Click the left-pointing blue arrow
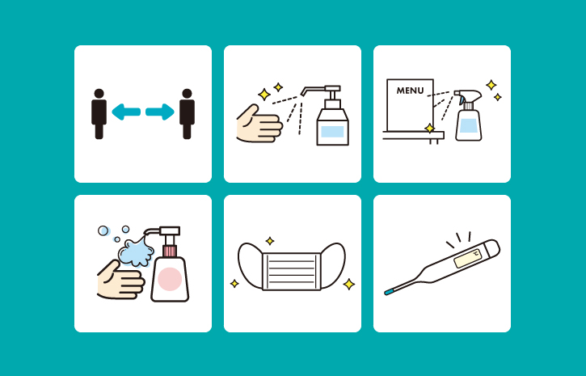click(x=126, y=112)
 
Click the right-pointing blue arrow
click(x=160, y=112)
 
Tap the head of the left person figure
click(x=99, y=94)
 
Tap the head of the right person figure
click(x=188, y=94)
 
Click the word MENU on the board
click(x=411, y=91)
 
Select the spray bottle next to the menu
click(x=468, y=116)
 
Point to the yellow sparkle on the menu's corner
click(x=430, y=129)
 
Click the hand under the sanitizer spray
click(x=259, y=124)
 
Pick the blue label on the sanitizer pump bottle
click(x=332, y=132)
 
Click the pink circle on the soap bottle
click(x=170, y=279)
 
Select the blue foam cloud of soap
click(x=136, y=251)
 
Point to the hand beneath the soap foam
click(x=120, y=280)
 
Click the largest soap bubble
click(x=103, y=230)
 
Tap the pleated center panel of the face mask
click(x=292, y=272)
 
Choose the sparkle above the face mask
click(x=270, y=241)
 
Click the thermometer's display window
click(x=468, y=258)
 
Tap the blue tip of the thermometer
click(x=389, y=292)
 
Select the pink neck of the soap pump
click(x=170, y=251)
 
